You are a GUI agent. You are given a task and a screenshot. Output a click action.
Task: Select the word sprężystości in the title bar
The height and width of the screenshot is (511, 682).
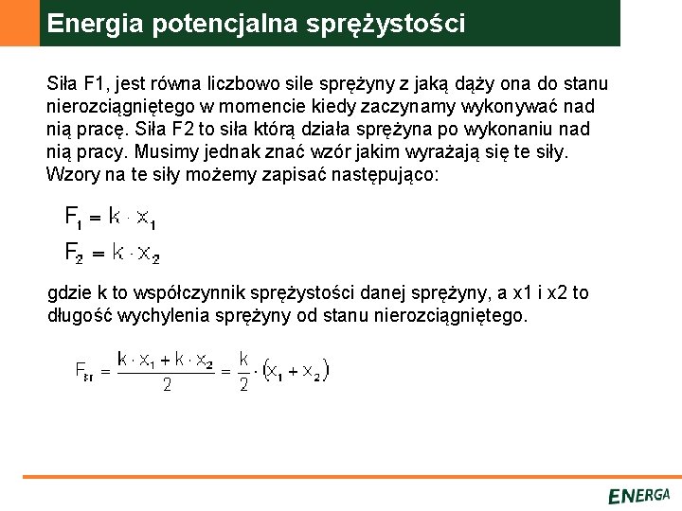(386, 24)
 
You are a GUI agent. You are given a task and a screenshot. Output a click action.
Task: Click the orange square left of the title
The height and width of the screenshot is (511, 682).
(19, 23)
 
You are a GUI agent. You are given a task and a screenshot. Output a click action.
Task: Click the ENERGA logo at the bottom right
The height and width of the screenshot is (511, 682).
(638, 495)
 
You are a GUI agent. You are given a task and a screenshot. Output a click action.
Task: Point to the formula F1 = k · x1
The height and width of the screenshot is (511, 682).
(110, 219)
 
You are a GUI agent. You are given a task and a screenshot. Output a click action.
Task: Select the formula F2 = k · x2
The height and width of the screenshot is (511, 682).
(112, 253)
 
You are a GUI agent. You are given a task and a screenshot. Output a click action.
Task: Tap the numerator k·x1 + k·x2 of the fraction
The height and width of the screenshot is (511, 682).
(165, 360)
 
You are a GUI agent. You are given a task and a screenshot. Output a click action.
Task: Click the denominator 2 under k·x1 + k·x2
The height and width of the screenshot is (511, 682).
(166, 385)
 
